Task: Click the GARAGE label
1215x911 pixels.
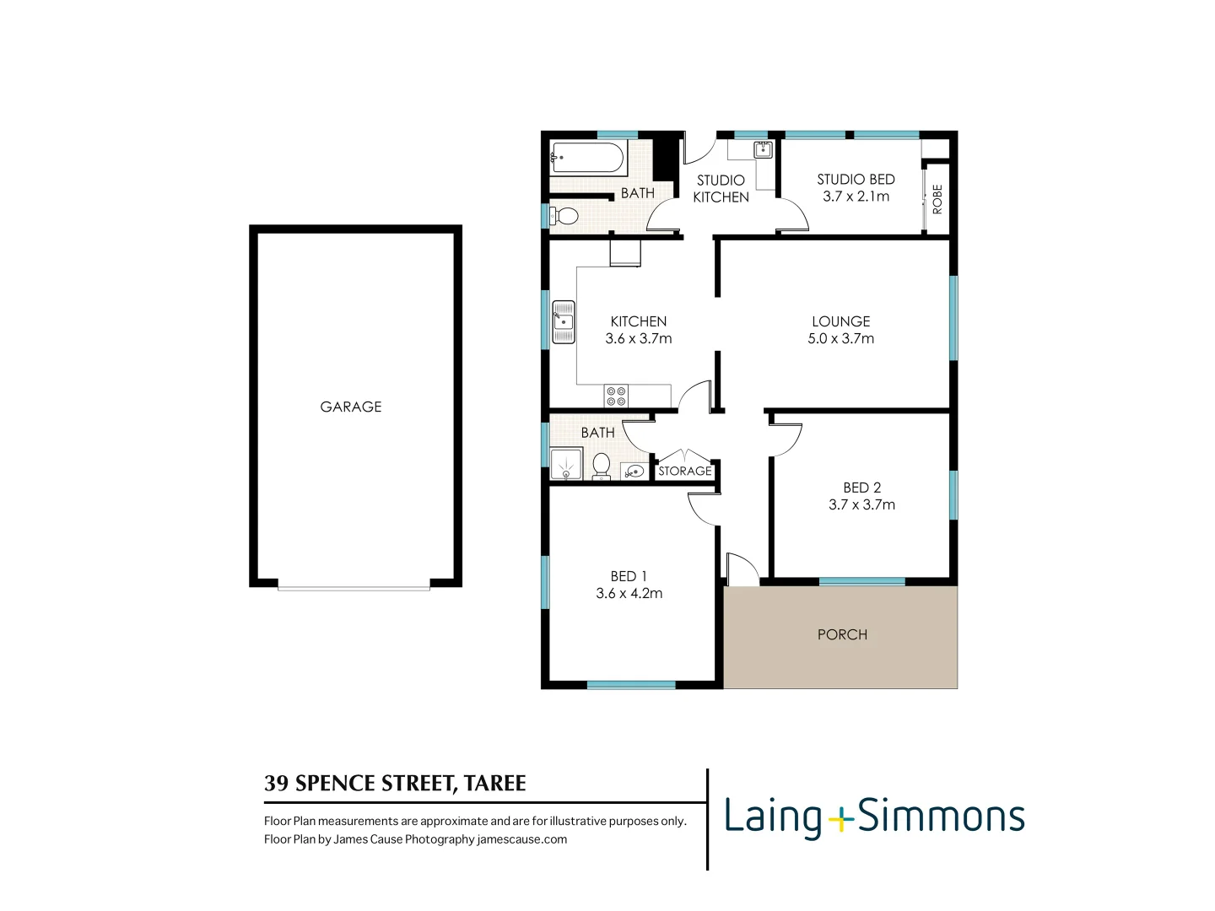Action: click(351, 407)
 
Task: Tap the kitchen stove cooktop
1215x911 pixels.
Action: click(616, 396)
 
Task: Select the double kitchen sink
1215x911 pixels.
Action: click(564, 322)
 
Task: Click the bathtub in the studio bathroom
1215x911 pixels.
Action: click(588, 157)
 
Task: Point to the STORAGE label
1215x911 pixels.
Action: click(685, 472)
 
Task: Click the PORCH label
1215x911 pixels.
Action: click(842, 634)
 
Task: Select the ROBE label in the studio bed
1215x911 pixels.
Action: click(937, 199)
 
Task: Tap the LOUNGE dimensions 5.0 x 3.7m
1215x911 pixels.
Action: click(841, 338)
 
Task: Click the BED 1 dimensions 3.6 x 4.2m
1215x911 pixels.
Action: click(629, 593)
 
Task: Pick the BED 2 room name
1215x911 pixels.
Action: click(862, 488)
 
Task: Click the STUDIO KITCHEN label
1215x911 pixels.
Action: click(721, 188)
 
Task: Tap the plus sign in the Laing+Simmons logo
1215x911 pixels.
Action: click(840, 818)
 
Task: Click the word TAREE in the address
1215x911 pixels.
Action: click(495, 784)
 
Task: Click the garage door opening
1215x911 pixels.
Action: click(354, 588)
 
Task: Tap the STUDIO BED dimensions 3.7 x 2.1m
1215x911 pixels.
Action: click(856, 197)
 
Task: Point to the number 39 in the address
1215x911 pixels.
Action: click(276, 784)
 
